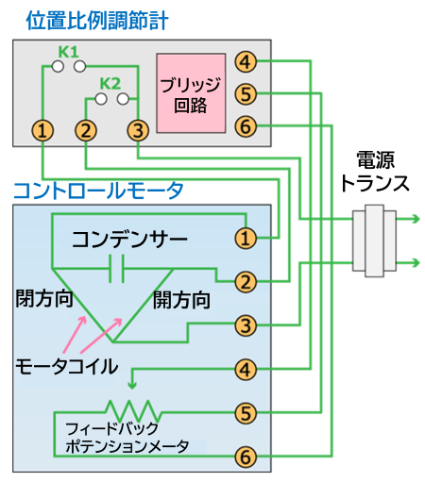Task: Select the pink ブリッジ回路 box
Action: point(190,92)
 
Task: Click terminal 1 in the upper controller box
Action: point(42,129)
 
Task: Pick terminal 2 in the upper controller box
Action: point(87,129)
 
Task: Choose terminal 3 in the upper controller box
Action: point(138,129)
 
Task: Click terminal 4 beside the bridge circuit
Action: point(245,62)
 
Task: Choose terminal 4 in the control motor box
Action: point(245,369)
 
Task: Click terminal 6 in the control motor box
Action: point(245,457)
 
